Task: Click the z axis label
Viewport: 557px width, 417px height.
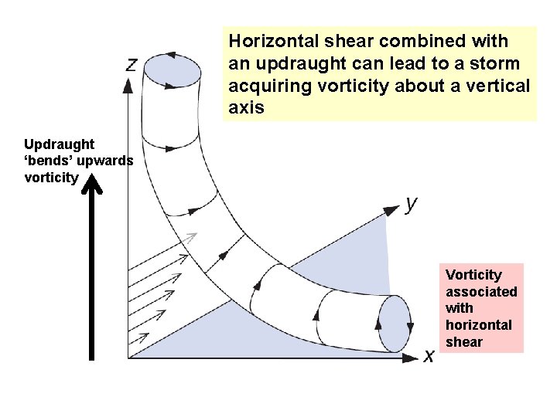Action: pyautogui.click(x=132, y=65)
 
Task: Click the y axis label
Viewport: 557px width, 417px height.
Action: pyautogui.click(x=412, y=203)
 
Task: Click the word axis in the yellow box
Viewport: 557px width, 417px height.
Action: pyautogui.click(x=246, y=107)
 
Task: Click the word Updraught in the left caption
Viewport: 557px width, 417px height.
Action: pyautogui.click(x=60, y=144)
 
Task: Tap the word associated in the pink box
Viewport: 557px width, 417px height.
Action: pyautogui.click(x=481, y=291)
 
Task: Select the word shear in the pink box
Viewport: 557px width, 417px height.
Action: pyautogui.click(x=464, y=342)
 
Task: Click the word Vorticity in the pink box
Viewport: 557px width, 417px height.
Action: pyautogui.click(x=473, y=274)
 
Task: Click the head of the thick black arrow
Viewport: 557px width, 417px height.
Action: pyautogui.click(x=92, y=184)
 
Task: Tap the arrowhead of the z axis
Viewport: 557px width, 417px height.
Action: pyautogui.click(x=128, y=80)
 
